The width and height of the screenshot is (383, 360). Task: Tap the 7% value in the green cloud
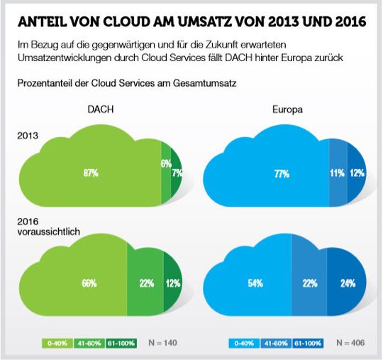[x=177, y=173]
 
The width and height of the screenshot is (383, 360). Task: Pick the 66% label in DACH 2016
[x=89, y=283]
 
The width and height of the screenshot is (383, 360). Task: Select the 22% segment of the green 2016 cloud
[x=147, y=283]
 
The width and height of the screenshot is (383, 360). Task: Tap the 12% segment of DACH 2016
[x=172, y=283]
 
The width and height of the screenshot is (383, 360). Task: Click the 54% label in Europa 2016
[x=255, y=283]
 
